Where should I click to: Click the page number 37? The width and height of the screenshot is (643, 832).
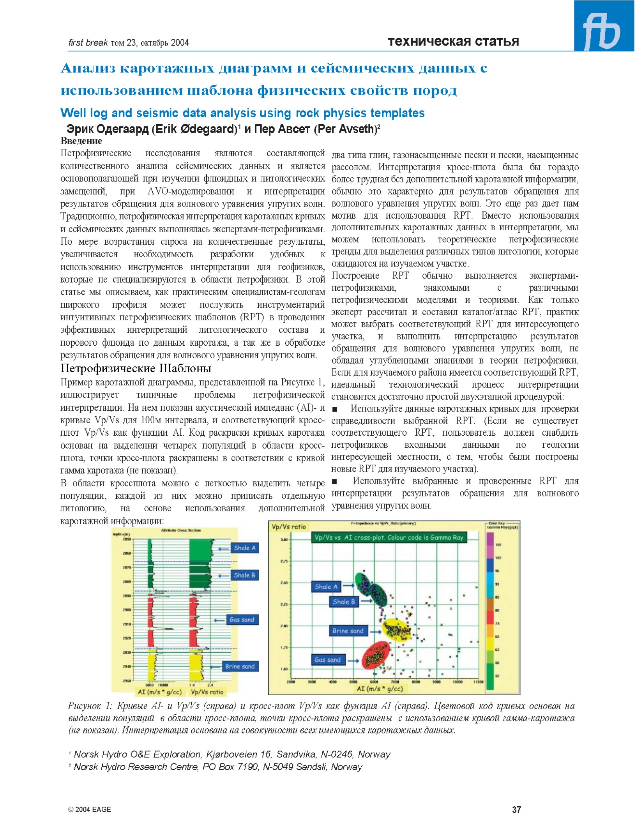(x=516, y=810)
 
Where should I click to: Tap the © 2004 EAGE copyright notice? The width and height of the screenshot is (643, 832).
(x=90, y=809)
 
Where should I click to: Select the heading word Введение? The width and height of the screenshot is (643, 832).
(x=81, y=141)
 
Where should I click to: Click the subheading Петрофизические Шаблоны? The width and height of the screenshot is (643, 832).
(x=136, y=368)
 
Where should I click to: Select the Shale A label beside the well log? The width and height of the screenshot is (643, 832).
(x=244, y=548)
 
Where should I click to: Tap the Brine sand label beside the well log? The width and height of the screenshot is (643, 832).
(x=240, y=666)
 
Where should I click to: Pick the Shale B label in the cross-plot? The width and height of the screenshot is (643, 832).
(x=343, y=602)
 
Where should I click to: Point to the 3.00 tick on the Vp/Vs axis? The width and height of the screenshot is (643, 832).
(x=284, y=540)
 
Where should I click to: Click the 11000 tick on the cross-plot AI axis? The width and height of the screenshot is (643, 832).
(x=478, y=682)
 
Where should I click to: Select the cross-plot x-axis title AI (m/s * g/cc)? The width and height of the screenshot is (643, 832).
(x=380, y=689)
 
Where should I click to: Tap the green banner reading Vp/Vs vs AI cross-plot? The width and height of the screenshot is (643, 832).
(x=389, y=537)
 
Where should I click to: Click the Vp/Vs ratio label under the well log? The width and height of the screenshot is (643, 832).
(x=207, y=692)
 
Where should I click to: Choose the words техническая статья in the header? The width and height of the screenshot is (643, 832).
(x=453, y=41)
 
